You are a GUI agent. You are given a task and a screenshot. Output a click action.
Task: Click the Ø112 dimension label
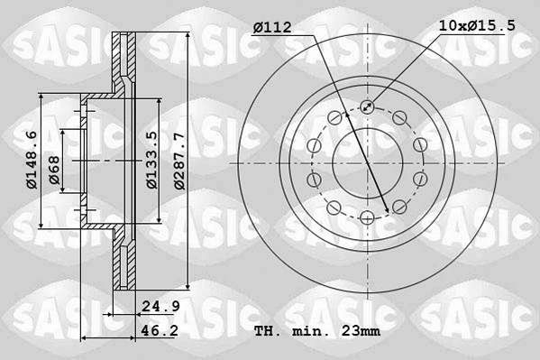tap(271, 28)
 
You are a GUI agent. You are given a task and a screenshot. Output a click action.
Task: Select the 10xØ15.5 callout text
tap(477, 26)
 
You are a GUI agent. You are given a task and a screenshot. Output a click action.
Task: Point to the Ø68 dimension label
tap(54, 170)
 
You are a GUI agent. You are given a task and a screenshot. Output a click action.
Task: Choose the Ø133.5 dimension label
tap(152, 160)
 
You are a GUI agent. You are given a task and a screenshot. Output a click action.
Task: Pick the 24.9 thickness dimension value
tap(161, 307)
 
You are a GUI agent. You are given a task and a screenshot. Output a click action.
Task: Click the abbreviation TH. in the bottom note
tap(268, 331)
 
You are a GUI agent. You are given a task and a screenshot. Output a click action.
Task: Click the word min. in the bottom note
tap(309, 331)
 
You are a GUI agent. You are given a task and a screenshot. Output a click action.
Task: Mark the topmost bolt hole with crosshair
tap(367, 107)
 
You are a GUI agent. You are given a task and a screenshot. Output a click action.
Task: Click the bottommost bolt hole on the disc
tap(367, 216)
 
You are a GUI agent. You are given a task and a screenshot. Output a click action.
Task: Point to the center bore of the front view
tap(367, 162)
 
